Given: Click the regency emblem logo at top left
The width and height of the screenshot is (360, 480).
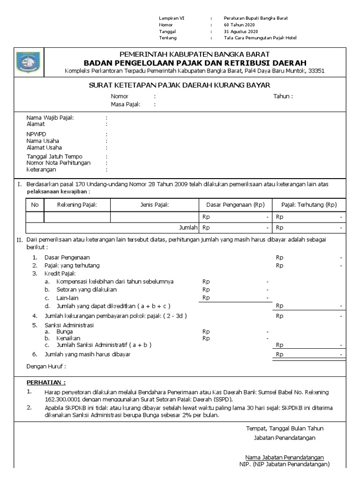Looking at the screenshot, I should point(25,62).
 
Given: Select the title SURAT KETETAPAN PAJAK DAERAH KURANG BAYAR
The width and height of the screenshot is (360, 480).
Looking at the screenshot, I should point(180,85).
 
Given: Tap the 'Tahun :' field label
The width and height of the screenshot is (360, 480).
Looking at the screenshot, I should point(283,97).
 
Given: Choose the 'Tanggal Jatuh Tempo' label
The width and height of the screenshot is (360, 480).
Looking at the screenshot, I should point(54,157).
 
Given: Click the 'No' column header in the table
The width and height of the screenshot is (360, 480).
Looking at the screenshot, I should point(35,205).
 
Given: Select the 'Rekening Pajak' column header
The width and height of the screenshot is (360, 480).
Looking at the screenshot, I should point(77,205).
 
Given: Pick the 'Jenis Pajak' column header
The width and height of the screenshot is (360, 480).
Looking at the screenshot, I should point(155,205).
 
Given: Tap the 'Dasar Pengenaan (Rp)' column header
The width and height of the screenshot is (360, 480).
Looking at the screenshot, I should point(235,205).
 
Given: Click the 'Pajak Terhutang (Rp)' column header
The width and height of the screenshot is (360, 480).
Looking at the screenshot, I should point(309,205).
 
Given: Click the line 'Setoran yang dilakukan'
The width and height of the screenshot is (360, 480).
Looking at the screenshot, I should point(87,290).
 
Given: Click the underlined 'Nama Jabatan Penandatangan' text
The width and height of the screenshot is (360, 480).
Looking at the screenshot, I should point(284,457).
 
